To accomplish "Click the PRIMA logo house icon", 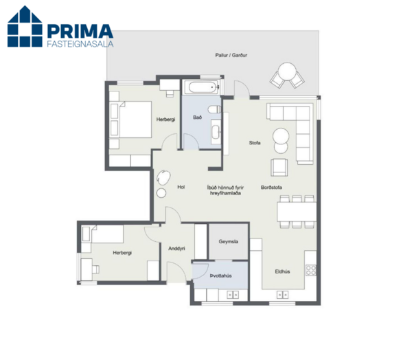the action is point(25,26).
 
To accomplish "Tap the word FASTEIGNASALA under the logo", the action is point(80,43).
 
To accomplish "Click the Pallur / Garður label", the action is point(231,55).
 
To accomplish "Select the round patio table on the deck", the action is point(287,71).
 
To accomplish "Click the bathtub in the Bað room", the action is point(204,87).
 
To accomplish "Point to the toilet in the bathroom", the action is point(214,109).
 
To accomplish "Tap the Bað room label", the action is point(198,117).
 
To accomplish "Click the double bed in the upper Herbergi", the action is point(131,120).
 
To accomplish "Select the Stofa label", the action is point(255,143).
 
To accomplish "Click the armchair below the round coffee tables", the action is point(279,168).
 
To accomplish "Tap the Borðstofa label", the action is point(271,187).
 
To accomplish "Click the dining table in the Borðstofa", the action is point(297,212).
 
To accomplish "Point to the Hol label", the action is point(181,187).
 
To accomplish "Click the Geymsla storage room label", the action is point(228,241).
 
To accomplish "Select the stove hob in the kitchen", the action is point(311,270).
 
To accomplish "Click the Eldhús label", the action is point(282,271).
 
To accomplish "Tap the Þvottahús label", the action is point(221,275).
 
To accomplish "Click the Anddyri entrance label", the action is point(176,249).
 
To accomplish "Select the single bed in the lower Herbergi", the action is point(102,234).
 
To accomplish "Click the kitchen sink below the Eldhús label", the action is point(282,295).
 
